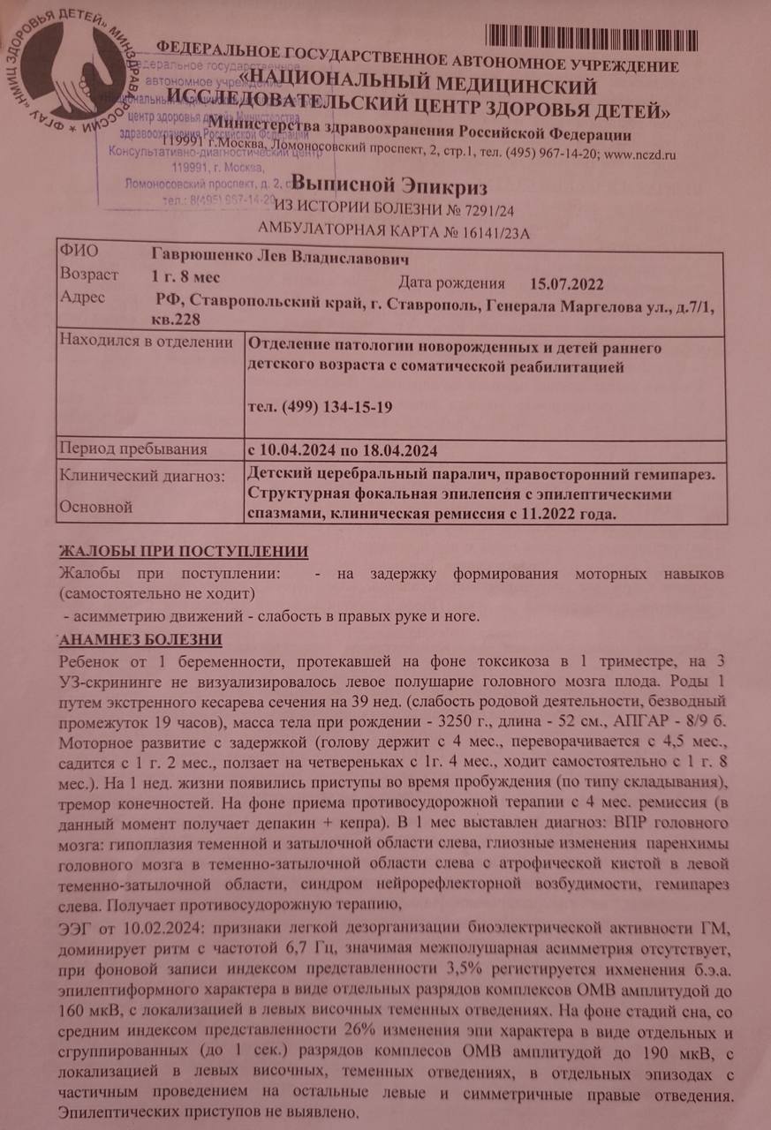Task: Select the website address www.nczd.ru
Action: (640, 154)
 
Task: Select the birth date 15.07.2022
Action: (567, 284)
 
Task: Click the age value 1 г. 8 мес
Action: (185, 276)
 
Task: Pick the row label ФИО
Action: (77, 252)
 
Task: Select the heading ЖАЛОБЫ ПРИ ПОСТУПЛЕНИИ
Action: (183, 552)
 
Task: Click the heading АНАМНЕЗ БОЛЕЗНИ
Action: (140, 639)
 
